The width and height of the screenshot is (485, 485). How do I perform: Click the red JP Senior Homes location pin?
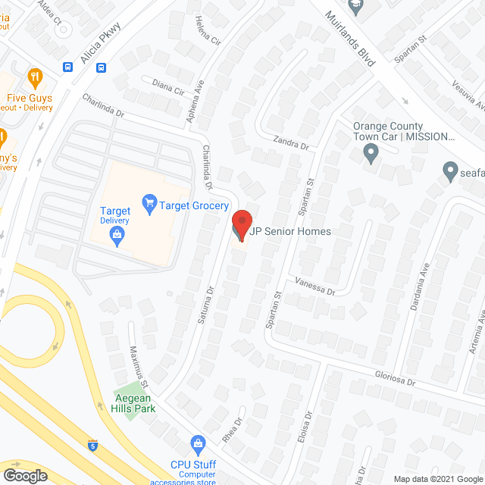click(241, 221)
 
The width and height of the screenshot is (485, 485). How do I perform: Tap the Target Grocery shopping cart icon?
click(149, 203)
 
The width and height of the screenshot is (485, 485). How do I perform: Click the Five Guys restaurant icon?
click(34, 77)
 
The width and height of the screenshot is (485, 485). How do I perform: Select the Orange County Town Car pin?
click(371, 155)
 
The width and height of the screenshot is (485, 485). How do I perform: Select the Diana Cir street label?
click(168, 88)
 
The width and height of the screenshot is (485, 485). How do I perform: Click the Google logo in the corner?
click(25, 475)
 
